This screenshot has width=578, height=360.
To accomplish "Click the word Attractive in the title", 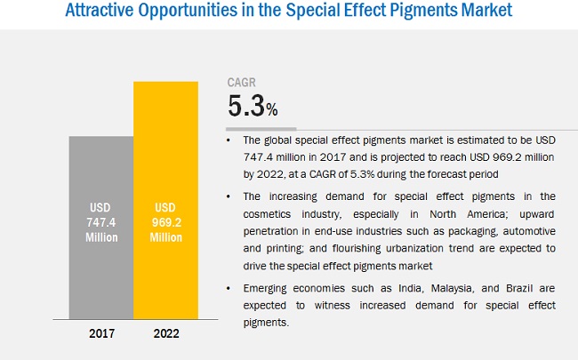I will pyautogui.click(x=100, y=13).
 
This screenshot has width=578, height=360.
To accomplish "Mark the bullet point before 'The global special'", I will pyautogui.click(x=233, y=140).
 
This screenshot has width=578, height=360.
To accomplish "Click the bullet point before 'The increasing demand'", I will pyautogui.click(x=233, y=196).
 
